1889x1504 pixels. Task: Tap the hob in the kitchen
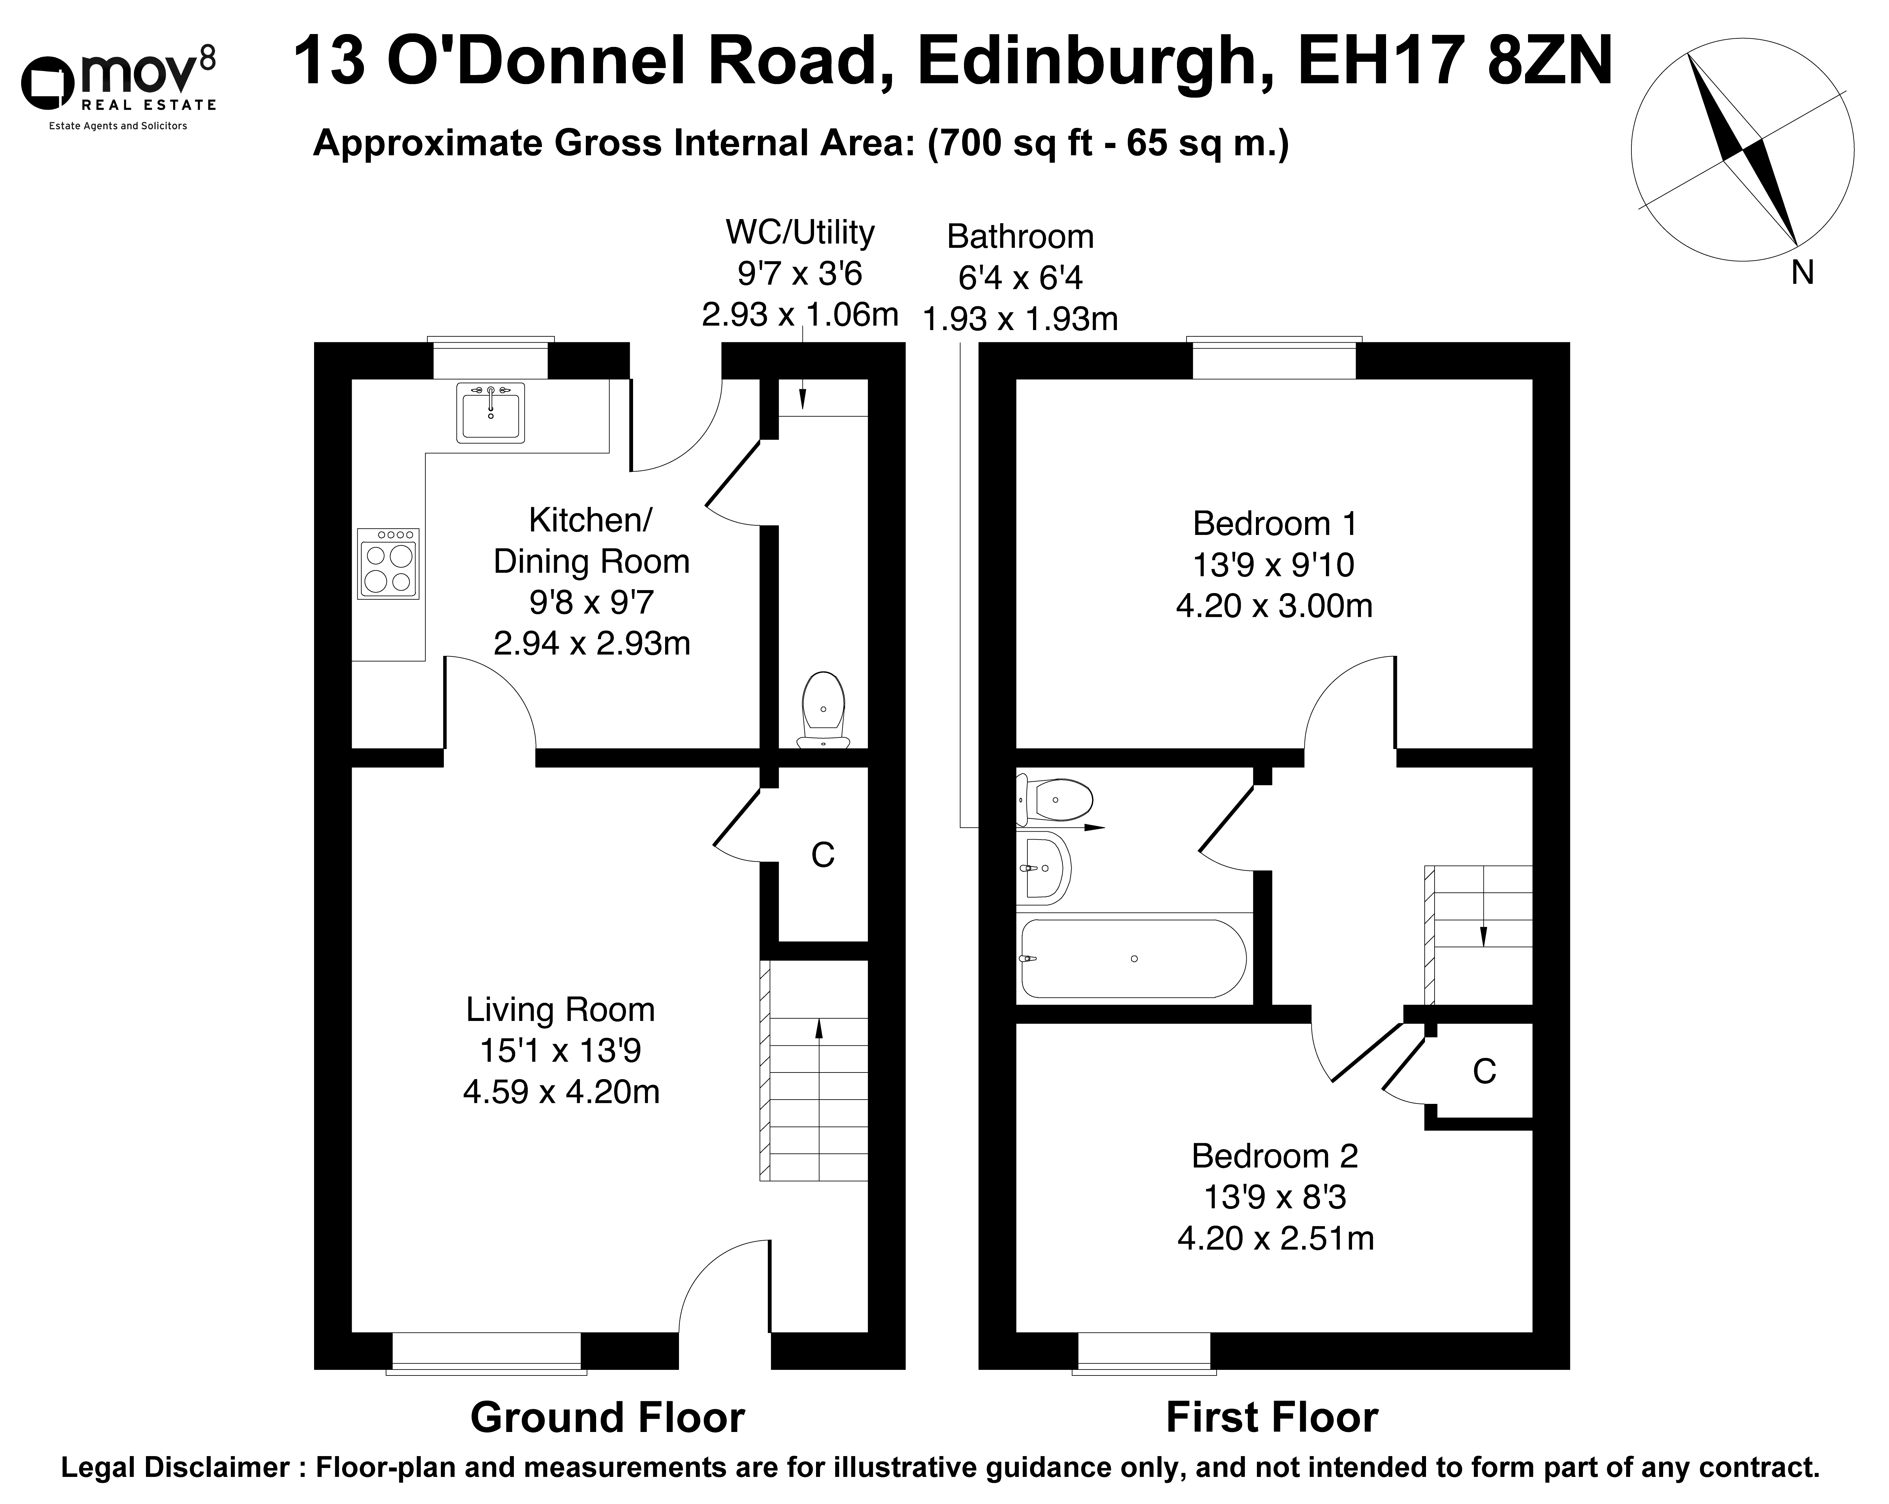click(x=388, y=564)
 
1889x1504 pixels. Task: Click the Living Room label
click(x=561, y=1010)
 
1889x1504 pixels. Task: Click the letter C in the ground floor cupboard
click(x=823, y=854)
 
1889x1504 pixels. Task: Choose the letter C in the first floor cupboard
click(x=1484, y=1071)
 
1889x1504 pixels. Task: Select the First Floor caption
click(x=1272, y=1417)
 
